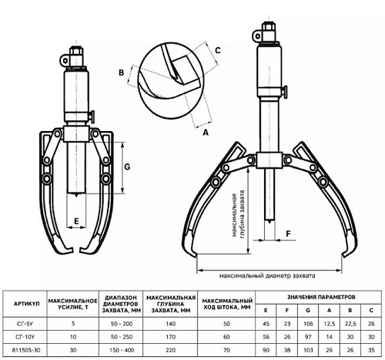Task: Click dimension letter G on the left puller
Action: [x=127, y=167]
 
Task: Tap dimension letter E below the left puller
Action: [x=76, y=221]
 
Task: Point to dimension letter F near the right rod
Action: [x=289, y=234]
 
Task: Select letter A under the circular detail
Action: [x=206, y=133]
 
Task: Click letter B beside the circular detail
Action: [x=122, y=72]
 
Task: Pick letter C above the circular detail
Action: [x=218, y=50]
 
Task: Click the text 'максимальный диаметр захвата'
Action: [x=267, y=276]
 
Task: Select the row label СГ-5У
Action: [x=25, y=324]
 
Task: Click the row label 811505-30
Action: [x=25, y=350]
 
